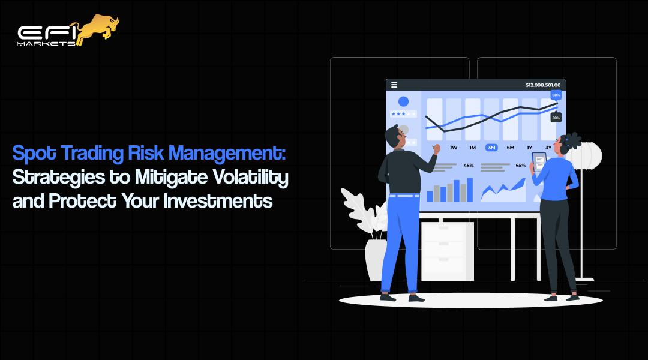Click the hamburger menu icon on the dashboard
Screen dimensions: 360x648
coord(394,85)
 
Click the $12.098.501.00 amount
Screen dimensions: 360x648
coord(542,85)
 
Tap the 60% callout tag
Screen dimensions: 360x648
coord(556,95)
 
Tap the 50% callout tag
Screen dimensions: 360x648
coord(556,118)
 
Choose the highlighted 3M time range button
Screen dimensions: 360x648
coord(491,148)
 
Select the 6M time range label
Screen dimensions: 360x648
coord(510,148)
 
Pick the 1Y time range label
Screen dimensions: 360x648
coord(529,148)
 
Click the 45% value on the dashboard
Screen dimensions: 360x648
coord(469,165)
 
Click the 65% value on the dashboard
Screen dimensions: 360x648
coord(521,165)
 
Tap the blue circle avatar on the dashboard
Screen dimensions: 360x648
coord(403,102)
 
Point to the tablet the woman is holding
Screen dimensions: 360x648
coord(538,163)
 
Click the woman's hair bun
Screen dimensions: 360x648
coord(572,140)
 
